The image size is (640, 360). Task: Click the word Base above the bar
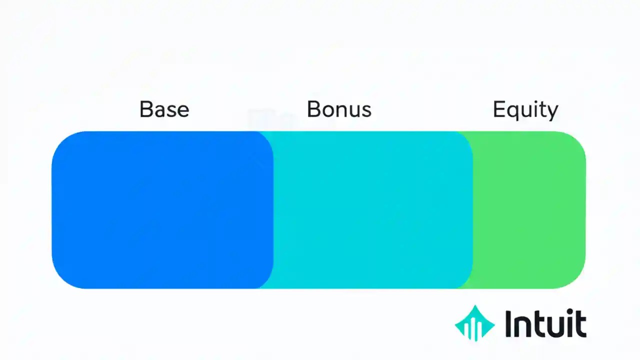point(164,109)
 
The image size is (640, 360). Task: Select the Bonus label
point(339,109)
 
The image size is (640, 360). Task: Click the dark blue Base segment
point(160,210)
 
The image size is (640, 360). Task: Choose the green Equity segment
point(530,210)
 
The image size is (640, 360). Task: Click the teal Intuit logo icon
point(474,323)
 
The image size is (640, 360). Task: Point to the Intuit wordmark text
point(545,323)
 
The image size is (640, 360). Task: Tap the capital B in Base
point(146,109)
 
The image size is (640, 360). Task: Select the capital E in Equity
point(499,109)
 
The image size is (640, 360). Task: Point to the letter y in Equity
point(552,112)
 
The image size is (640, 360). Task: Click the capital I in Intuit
point(508,323)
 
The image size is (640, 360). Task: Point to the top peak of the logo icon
point(474,306)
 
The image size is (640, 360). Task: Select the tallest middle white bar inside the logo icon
point(474,330)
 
